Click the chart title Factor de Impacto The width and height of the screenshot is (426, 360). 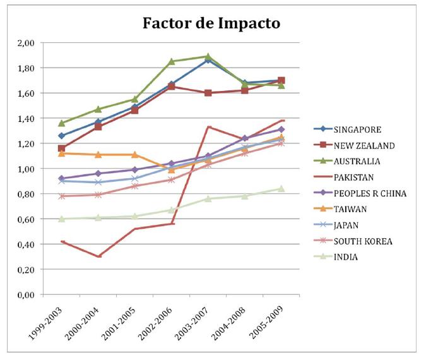(x=212, y=23)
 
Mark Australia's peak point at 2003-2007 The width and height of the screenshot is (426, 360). (x=208, y=57)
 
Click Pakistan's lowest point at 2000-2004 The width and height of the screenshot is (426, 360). (x=98, y=256)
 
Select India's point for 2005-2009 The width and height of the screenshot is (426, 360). (x=281, y=189)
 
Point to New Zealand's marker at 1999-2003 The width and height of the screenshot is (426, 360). (x=61, y=148)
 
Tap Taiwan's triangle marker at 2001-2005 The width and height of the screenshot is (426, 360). (x=134, y=155)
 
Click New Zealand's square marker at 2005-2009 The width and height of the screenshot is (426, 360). (x=281, y=80)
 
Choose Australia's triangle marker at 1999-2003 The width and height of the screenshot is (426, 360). (x=61, y=123)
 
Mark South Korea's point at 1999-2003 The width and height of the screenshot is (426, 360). (x=61, y=196)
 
